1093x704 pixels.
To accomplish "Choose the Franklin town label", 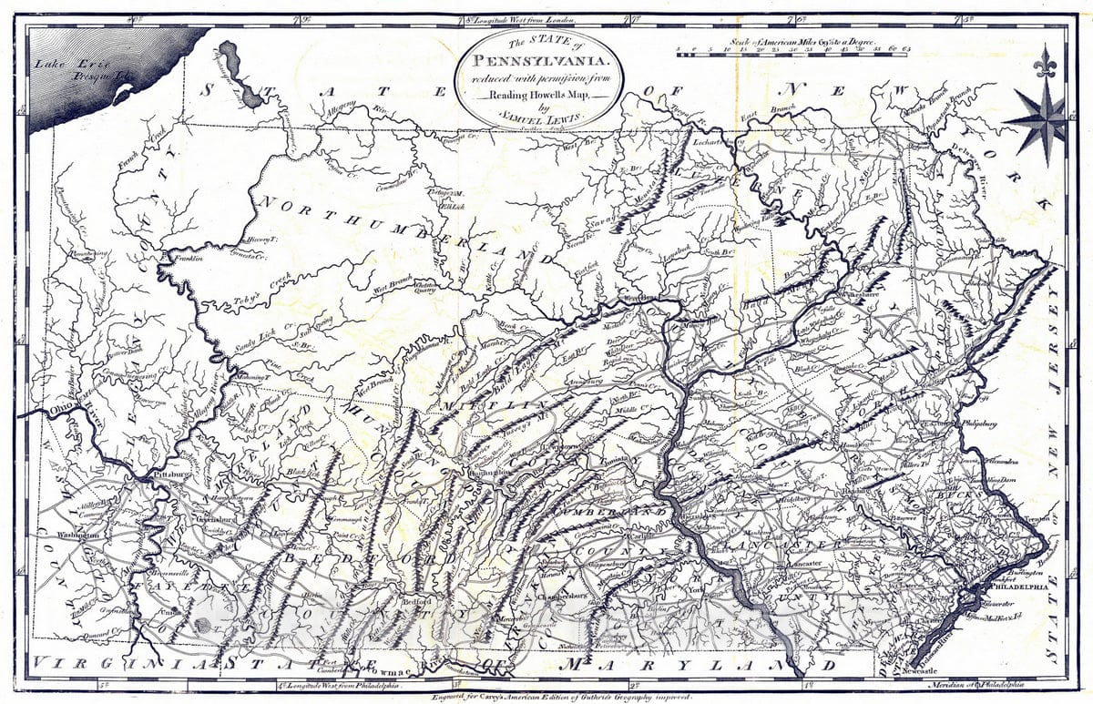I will [182, 259].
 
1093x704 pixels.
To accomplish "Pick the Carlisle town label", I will [637, 537].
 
